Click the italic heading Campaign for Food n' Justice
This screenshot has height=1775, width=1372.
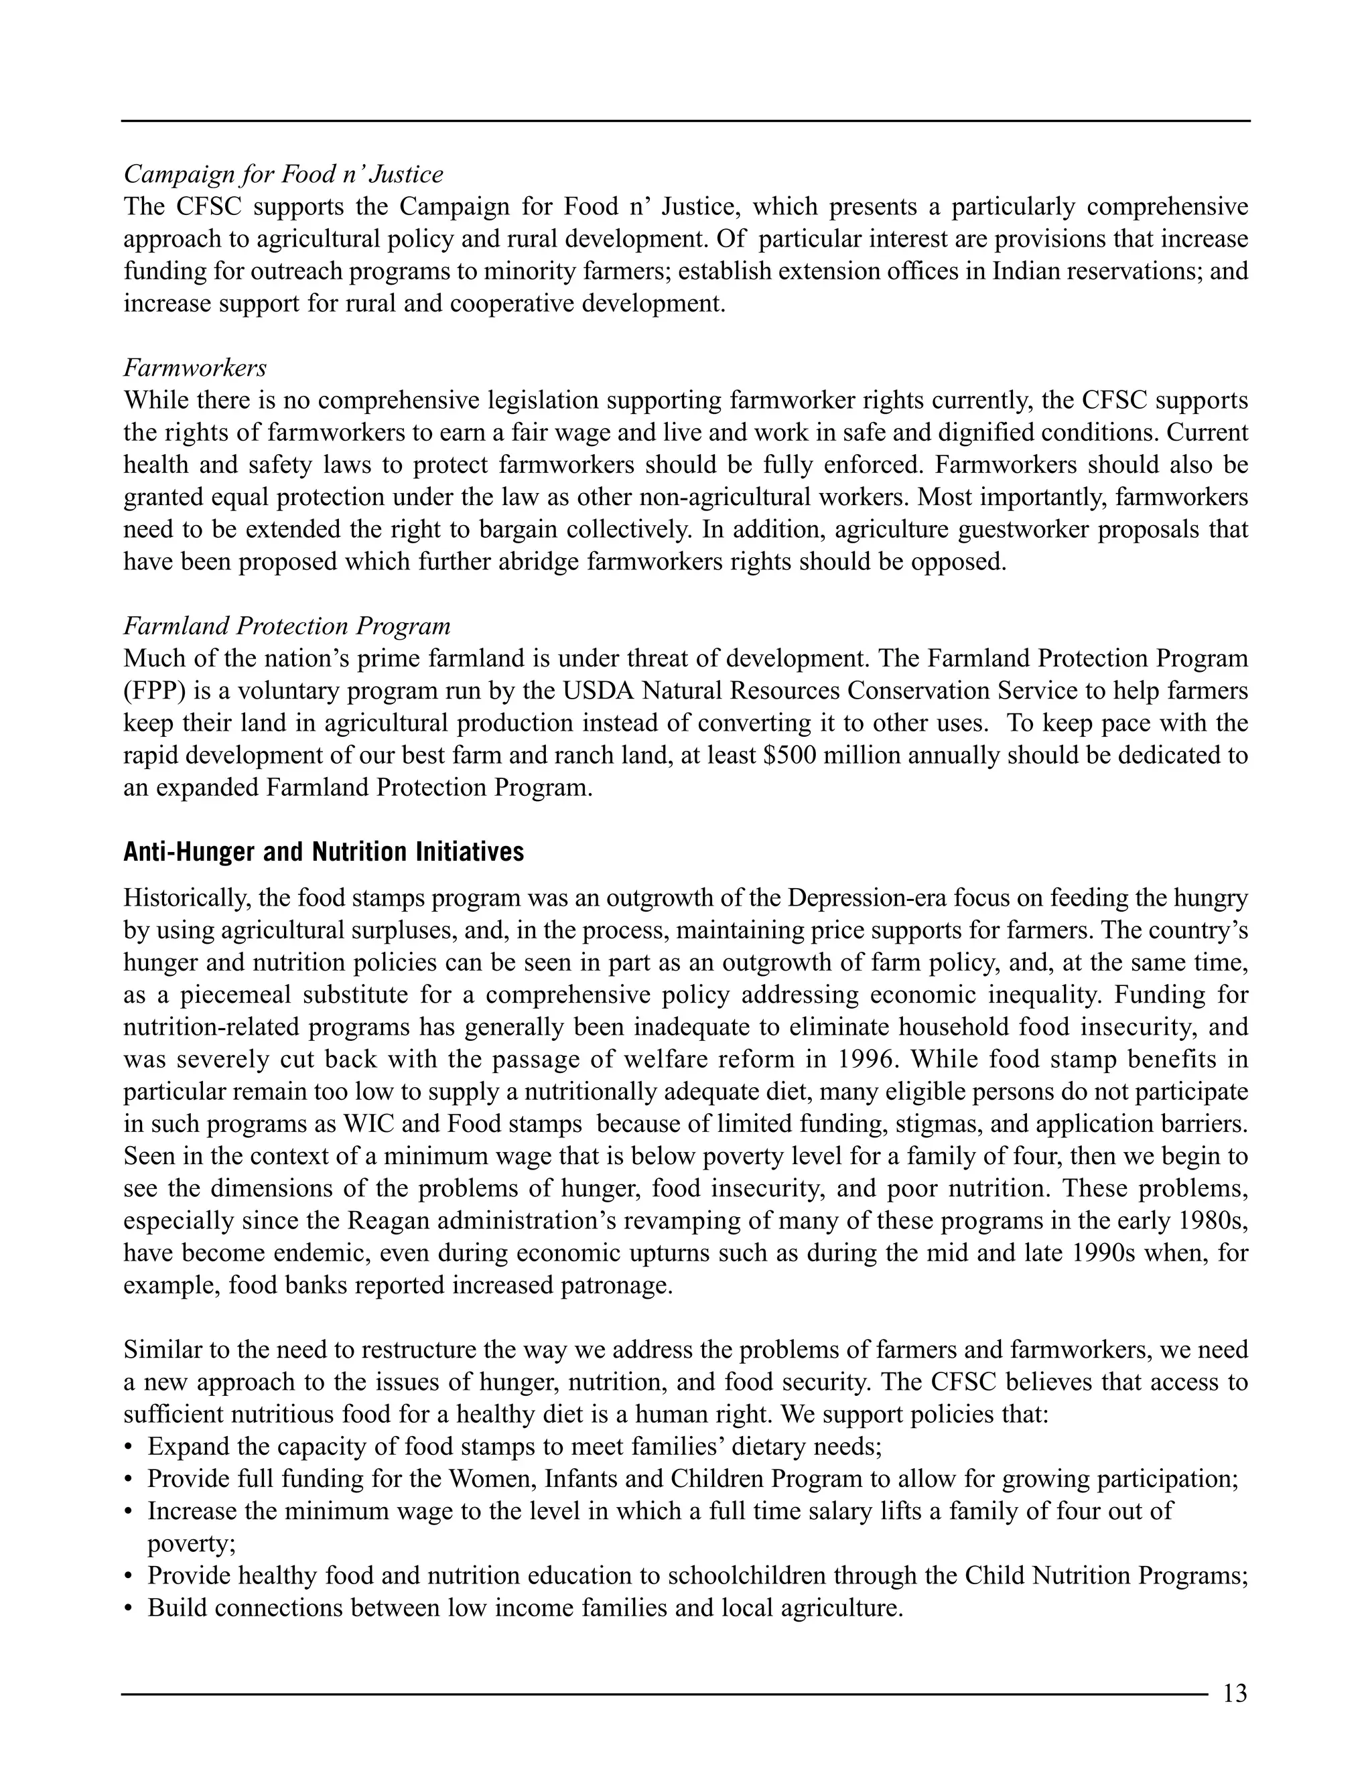[283, 175]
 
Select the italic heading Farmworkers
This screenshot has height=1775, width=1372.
[195, 368]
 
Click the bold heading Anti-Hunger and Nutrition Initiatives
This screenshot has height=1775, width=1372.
[324, 852]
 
